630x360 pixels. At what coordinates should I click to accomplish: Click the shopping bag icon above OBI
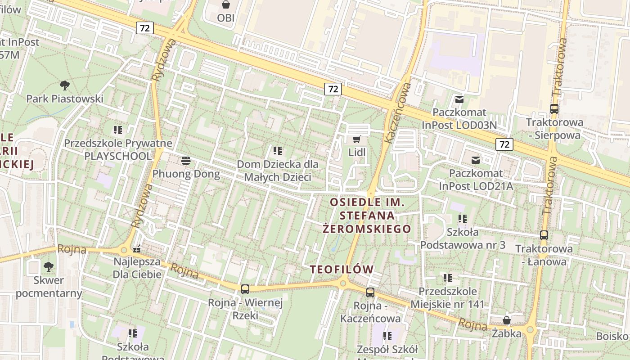pos(225,5)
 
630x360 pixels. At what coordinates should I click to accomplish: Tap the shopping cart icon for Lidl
pos(357,139)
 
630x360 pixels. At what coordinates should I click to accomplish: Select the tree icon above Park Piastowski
pos(65,85)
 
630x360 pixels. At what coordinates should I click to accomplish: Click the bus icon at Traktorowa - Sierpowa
pos(554,109)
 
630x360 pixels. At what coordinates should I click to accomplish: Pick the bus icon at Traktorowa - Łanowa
pos(544,235)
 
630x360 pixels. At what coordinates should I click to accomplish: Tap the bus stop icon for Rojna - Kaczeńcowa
pos(370,292)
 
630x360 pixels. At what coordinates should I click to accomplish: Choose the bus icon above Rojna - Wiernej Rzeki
pos(245,289)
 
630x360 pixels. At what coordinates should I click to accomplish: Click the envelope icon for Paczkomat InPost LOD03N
pos(459,99)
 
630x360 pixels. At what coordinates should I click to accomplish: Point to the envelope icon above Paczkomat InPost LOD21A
pos(475,160)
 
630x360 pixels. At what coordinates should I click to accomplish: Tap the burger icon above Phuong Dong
pos(186,161)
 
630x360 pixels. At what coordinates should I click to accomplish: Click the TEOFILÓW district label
pos(342,270)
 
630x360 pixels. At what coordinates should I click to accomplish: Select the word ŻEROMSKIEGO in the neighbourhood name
pos(367,229)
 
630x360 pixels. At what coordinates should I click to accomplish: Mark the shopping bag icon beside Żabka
pos(506,320)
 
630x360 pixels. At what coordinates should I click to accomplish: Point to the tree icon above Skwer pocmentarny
pos(48,267)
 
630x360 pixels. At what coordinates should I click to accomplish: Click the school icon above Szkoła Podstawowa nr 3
pos(462,219)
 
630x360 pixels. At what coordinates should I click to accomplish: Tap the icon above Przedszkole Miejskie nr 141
pos(447,278)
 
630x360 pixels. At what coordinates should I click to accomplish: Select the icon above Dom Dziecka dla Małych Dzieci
pos(277,150)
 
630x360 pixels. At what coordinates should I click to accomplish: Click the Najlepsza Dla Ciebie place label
pos(137,268)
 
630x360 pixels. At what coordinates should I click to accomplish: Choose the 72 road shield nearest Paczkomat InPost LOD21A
pos(504,144)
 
